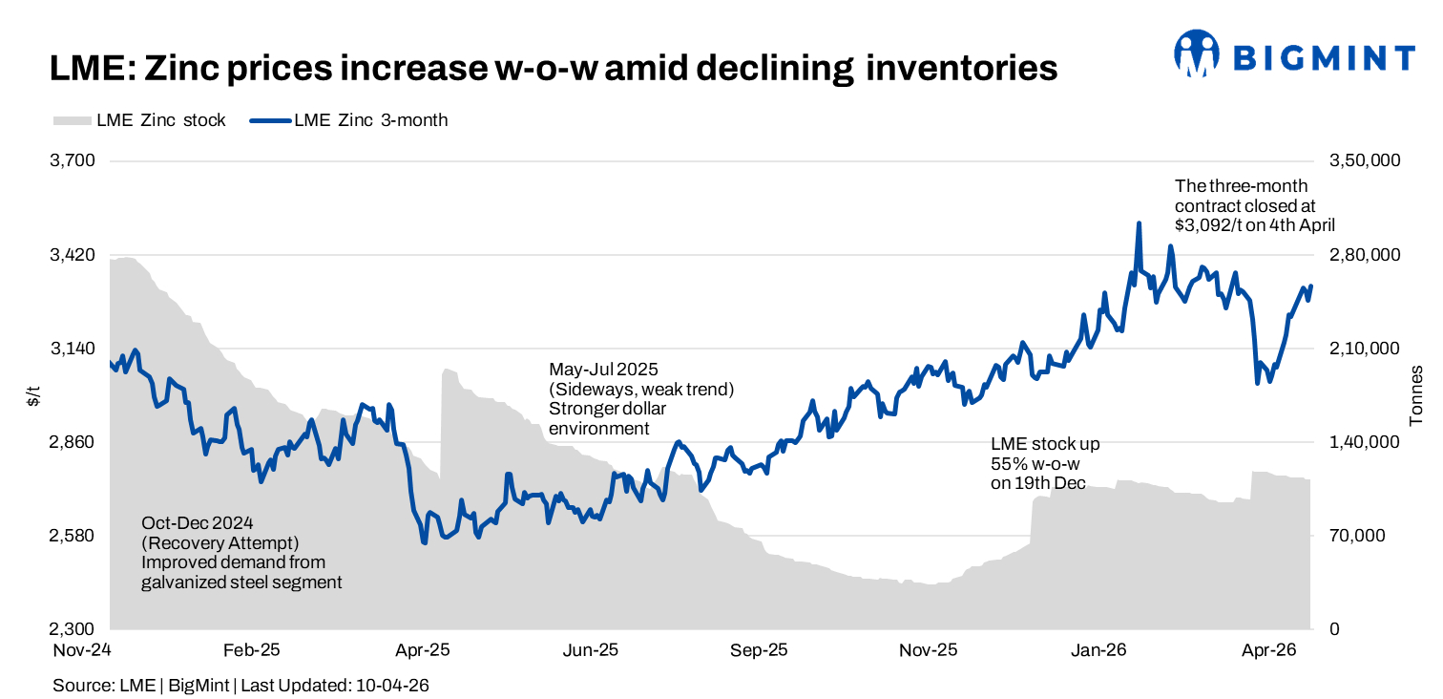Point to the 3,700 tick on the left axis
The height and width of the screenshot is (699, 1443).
(x=73, y=160)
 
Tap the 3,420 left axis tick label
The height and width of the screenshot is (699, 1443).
(x=73, y=255)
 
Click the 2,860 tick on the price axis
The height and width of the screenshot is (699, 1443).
(x=73, y=442)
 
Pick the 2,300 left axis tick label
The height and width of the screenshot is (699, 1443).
(x=73, y=629)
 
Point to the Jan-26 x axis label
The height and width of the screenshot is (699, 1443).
(x=1098, y=650)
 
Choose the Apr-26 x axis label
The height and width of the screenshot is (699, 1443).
(x=1267, y=650)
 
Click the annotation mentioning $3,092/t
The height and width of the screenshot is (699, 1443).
(x=1254, y=205)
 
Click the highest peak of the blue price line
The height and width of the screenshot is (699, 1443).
(x=1139, y=224)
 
